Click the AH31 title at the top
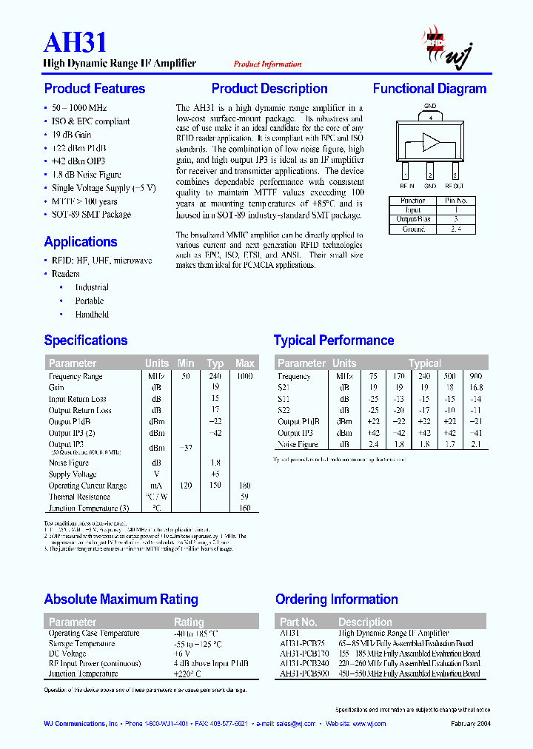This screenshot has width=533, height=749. (x=76, y=42)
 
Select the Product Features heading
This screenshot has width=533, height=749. (x=95, y=89)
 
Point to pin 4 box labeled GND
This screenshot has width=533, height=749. (x=429, y=116)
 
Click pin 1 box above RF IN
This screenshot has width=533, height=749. (x=405, y=175)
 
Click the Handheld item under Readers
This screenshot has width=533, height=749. (x=92, y=315)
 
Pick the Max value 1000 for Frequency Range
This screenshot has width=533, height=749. (x=244, y=376)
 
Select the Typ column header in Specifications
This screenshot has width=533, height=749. (x=215, y=363)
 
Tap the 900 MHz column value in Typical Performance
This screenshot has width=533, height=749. (x=475, y=376)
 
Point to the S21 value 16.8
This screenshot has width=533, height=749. (x=475, y=387)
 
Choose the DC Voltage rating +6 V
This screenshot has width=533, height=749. (x=183, y=654)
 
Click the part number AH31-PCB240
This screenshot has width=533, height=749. (x=304, y=664)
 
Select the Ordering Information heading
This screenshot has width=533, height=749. (x=337, y=599)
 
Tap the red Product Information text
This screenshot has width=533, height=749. (x=267, y=64)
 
